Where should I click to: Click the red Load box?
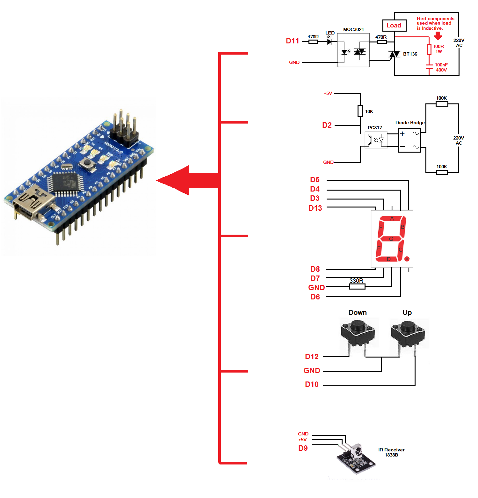(x=394, y=26)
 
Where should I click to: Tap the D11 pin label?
(x=292, y=41)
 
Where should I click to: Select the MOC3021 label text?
(x=353, y=29)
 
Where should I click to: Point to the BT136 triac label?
(x=410, y=54)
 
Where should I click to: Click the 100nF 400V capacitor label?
(x=441, y=67)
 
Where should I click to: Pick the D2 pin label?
(x=327, y=125)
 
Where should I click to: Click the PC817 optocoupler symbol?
(x=376, y=140)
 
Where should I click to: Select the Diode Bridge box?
(x=409, y=140)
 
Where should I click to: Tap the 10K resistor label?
(x=369, y=111)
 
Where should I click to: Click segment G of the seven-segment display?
(x=391, y=239)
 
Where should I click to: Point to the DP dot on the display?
(x=407, y=259)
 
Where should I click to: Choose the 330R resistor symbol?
(x=357, y=286)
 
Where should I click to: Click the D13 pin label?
(x=315, y=208)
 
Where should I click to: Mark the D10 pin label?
(x=312, y=384)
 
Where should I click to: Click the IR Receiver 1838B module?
(x=355, y=457)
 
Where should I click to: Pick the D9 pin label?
(x=303, y=448)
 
